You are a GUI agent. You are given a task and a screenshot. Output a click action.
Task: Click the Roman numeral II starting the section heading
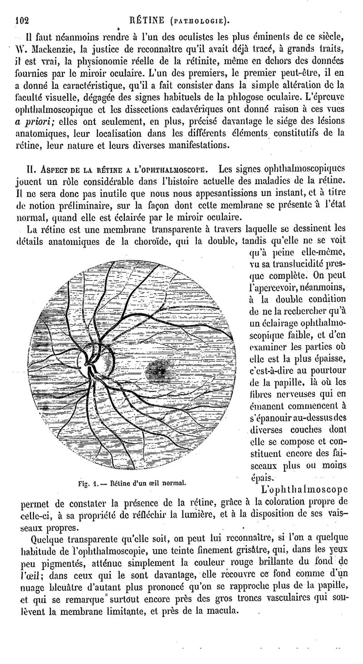32,169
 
